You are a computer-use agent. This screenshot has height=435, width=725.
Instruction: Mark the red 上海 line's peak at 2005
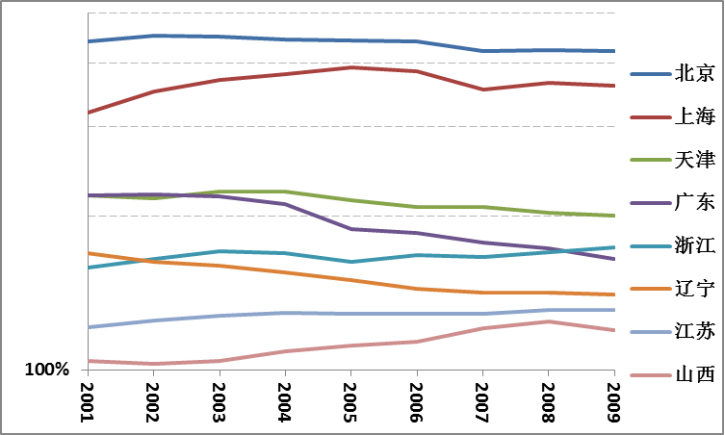pos(351,67)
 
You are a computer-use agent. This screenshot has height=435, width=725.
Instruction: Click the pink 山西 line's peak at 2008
pos(548,321)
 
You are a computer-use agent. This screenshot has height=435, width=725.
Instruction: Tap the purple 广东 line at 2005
pos(351,229)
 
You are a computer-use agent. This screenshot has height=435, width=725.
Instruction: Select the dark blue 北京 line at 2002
pos(154,36)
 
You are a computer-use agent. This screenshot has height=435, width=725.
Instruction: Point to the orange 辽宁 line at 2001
pos(89,253)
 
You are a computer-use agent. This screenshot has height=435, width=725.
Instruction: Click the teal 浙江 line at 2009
pos(613,247)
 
